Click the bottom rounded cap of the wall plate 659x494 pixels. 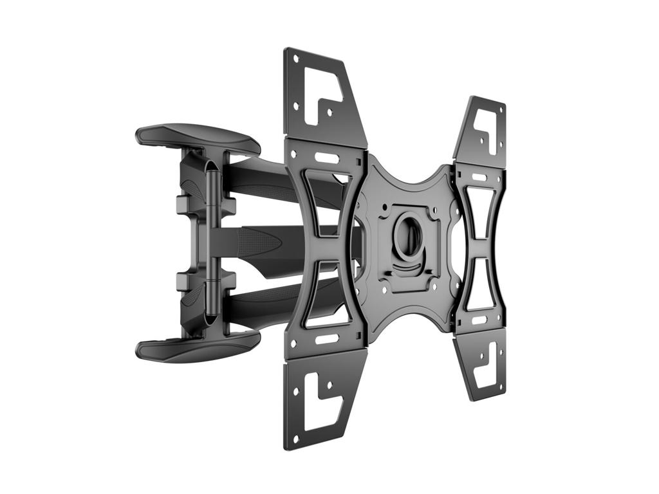[x=196, y=347]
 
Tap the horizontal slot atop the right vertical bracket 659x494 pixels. [x=479, y=177]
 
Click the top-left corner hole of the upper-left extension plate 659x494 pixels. [x=294, y=59]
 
